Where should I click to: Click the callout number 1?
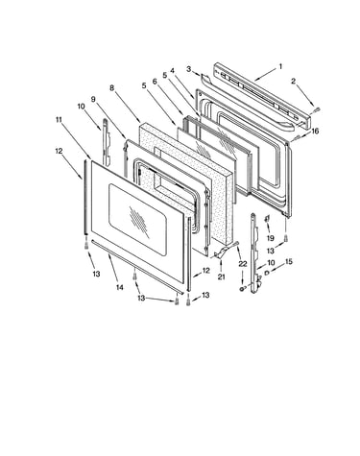click(280, 66)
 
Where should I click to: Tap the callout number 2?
click(293, 82)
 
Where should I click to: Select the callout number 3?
click(189, 69)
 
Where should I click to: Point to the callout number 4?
click(172, 71)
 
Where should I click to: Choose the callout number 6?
click(155, 82)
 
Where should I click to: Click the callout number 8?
click(111, 87)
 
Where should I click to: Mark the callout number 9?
click(93, 99)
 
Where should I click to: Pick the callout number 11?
click(59, 120)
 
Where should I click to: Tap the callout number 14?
click(119, 288)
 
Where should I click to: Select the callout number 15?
click(289, 262)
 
